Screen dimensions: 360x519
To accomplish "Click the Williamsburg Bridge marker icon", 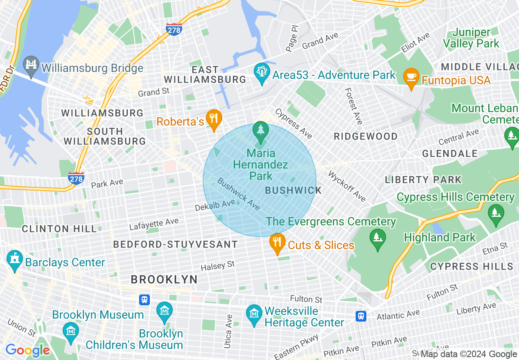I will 31,65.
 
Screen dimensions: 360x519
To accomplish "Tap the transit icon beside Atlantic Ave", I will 361,316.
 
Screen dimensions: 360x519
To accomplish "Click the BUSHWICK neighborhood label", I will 293,190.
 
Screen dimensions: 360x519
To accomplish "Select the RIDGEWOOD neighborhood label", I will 366,136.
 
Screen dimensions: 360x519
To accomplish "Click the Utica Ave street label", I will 228,331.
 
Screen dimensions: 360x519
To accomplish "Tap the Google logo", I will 27,350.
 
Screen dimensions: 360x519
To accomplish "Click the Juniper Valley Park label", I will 471,38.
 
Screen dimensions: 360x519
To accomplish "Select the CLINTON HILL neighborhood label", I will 59,229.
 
